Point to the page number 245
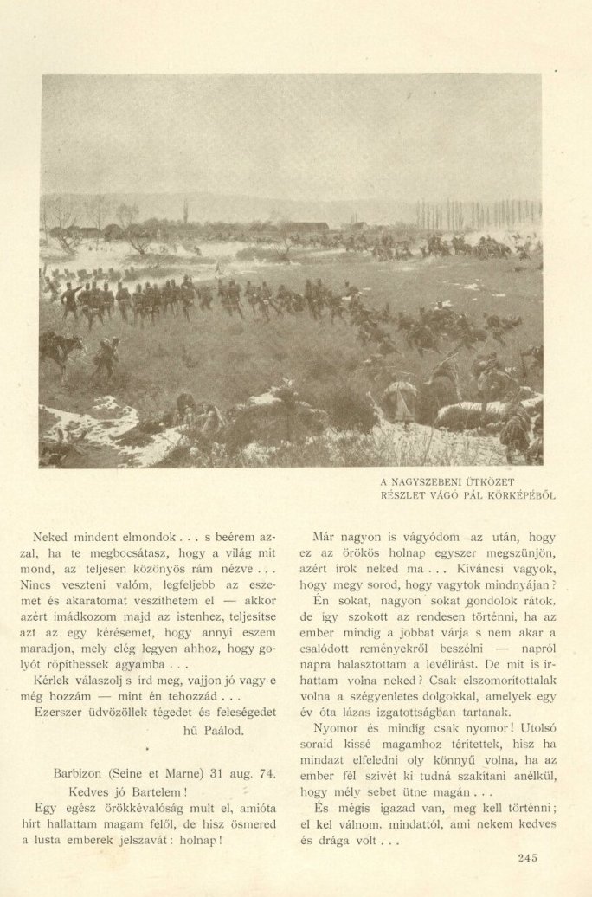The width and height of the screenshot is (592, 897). pyautogui.click(x=529, y=858)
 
